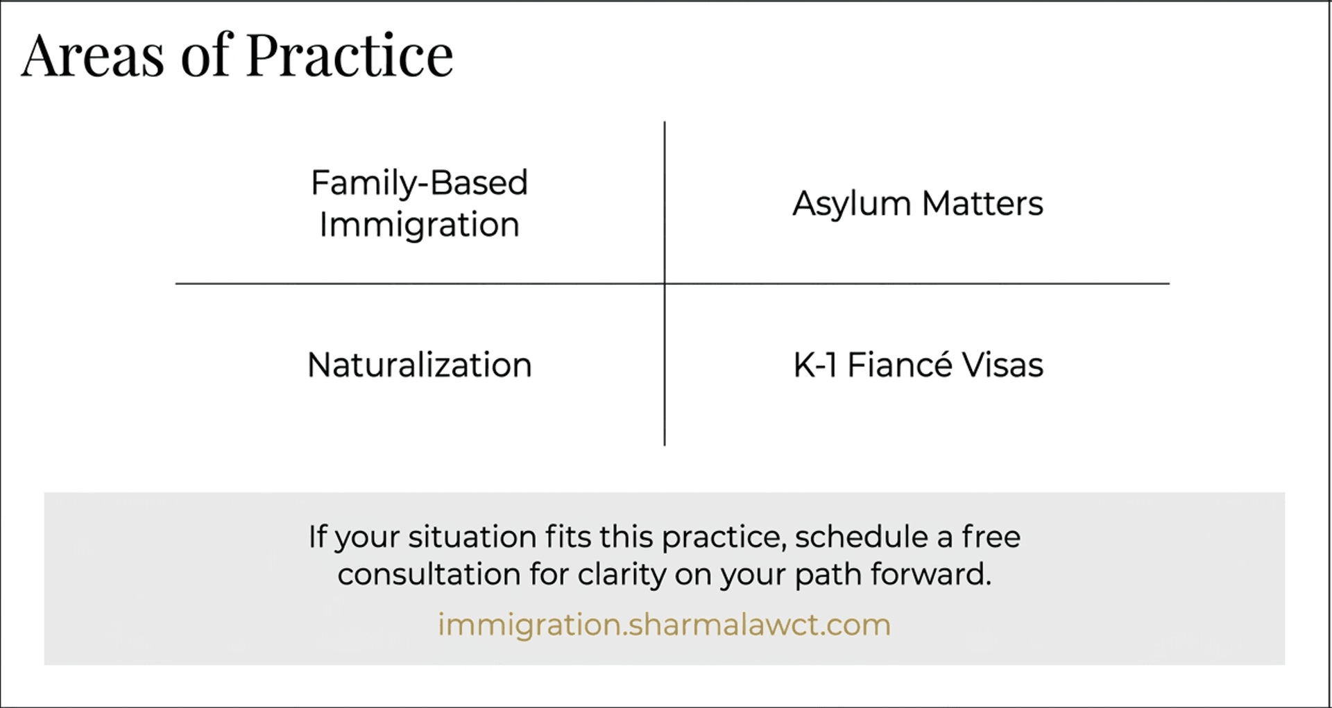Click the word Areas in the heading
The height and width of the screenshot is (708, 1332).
pyautogui.click(x=93, y=55)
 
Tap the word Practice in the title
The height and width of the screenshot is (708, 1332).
pyautogui.click(x=349, y=55)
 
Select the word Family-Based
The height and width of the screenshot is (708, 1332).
pyautogui.click(x=419, y=184)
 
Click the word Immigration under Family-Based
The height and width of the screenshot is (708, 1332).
pyautogui.click(x=419, y=225)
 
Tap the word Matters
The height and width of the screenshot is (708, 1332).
pyautogui.click(x=982, y=204)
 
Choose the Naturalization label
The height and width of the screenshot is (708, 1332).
pyautogui.click(x=419, y=365)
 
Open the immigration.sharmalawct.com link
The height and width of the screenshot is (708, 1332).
pyautogui.click(x=664, y=625)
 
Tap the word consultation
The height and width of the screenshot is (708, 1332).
pyautogui.click(x=429, y=574)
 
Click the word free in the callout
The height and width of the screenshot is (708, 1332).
pyautogui.click(x=991, y=537)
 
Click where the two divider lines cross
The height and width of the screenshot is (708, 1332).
pyautogui.click(x=665, y=284)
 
